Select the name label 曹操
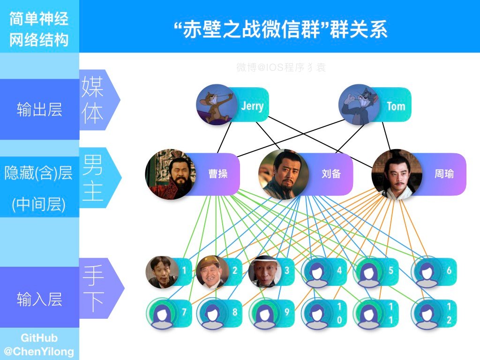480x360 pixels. (218, 174)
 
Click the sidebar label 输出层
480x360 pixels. (39, 111)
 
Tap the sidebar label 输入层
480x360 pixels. (39, 299)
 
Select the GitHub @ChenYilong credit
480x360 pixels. (39, 345)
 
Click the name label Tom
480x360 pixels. (396, 106)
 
